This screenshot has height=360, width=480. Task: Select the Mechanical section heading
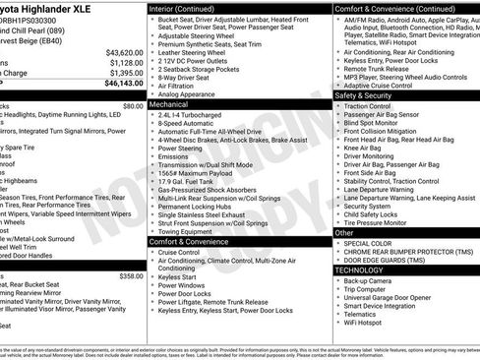pos(168,102)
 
